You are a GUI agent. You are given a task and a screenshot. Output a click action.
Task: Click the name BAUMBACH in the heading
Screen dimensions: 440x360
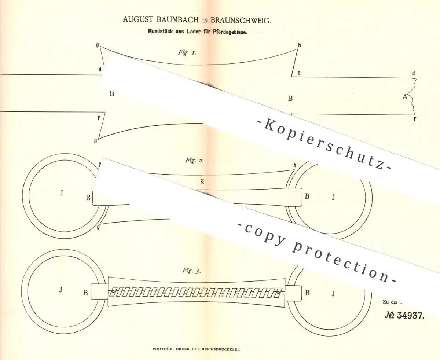click(178, 20)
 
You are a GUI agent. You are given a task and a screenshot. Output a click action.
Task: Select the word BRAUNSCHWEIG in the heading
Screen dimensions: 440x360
click(241, 20)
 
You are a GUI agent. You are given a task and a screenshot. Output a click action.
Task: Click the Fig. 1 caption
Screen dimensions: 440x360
click(187, 52)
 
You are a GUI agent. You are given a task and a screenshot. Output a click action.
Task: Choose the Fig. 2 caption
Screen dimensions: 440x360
click(194, 161)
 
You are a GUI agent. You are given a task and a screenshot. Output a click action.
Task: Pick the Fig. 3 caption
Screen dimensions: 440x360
click(191, 271)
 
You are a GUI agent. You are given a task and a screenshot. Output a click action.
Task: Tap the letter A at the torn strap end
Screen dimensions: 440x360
click(405, 97)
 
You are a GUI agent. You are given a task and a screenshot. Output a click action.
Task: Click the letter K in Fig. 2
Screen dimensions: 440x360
click(202, 182)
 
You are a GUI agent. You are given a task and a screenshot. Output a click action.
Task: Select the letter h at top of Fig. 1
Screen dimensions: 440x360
click(300, 45)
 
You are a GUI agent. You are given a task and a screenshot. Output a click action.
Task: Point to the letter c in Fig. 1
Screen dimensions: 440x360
click(299, 73)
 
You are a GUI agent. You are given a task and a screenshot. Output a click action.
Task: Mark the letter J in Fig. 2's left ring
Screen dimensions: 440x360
click(61, 193)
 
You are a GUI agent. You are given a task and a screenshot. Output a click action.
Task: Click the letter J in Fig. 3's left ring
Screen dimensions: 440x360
click(61, 290)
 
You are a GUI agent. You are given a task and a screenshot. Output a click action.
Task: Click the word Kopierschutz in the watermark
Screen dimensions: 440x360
click(323, 146)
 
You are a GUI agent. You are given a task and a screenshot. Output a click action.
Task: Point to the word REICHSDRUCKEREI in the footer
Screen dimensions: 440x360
click(221, 349)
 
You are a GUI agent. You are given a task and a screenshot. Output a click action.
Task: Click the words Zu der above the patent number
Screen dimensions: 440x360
click(390, 302)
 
